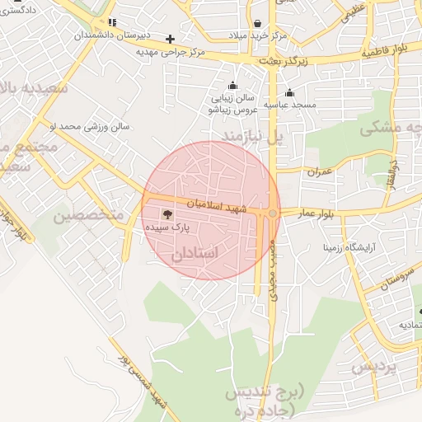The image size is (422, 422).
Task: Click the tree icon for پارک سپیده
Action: point(169,214)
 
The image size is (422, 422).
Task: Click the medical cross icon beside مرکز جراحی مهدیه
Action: point(171,38)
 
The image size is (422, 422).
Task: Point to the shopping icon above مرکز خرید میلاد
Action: point(259,24)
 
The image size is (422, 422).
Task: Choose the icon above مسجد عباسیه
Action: point(289,92)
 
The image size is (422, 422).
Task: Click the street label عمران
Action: point(319,172)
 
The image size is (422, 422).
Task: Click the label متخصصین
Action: point(88,216)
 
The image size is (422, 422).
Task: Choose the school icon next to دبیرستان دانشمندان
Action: point(111,22)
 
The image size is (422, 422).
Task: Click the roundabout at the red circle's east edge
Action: point(272,213)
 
